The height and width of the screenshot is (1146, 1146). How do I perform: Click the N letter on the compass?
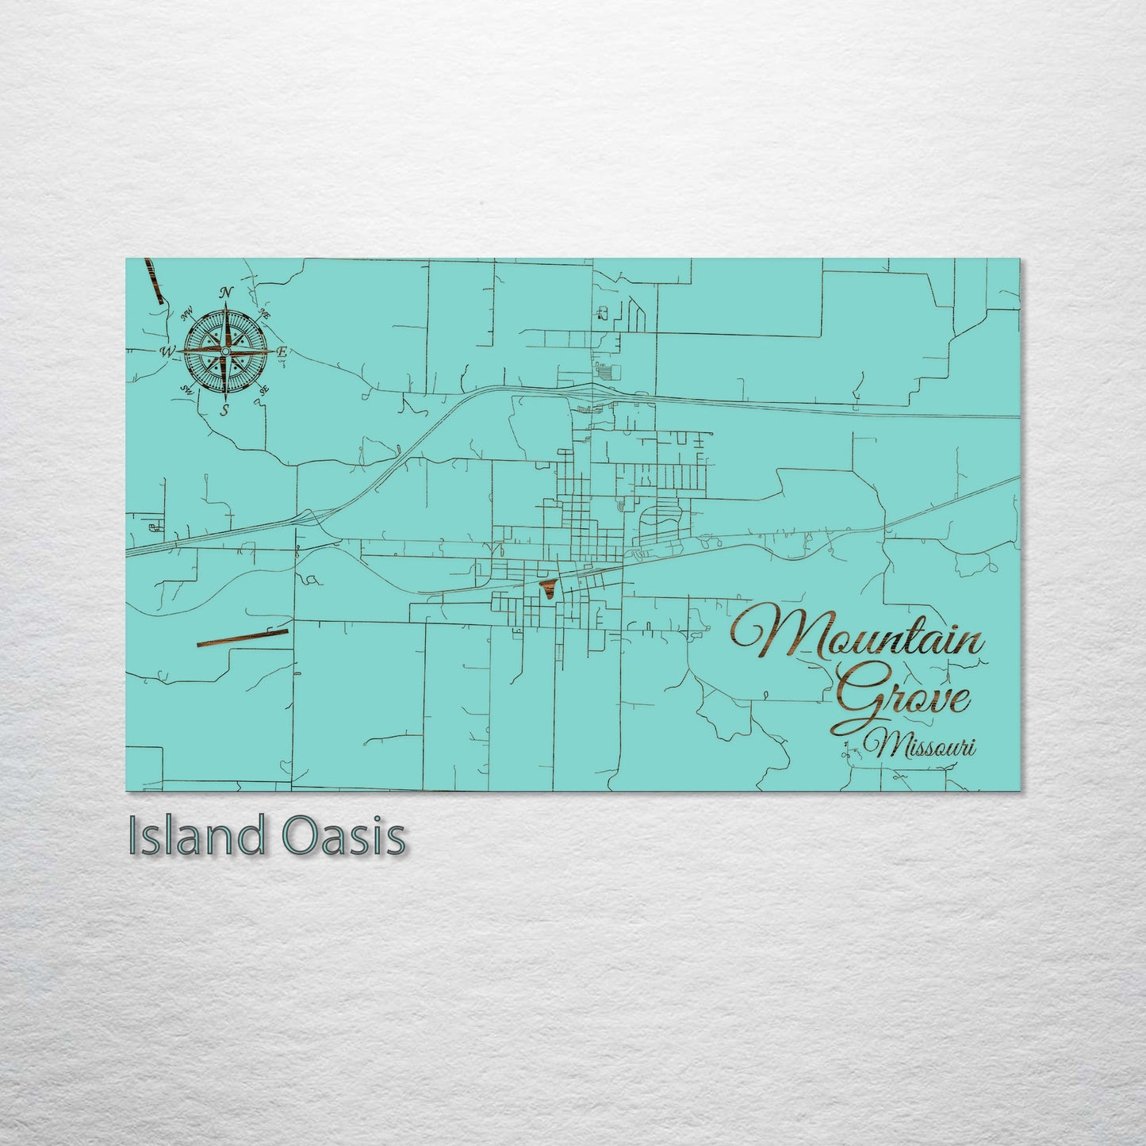click(227, 292)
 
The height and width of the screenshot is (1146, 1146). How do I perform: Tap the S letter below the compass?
click(225, 409)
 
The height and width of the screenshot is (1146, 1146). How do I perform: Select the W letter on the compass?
click(167, 351)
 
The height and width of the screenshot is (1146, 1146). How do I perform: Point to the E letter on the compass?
click(282, 351)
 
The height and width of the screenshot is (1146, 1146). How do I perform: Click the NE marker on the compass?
click(265, 314)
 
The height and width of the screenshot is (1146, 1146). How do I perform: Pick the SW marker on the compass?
click(187, 389)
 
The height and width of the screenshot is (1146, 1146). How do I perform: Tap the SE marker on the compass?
click(265, 389)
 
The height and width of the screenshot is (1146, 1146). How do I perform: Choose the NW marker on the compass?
click(188, 314)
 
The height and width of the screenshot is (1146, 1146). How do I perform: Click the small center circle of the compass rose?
click(225, 351)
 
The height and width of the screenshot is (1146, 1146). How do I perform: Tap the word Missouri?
click(920, 745)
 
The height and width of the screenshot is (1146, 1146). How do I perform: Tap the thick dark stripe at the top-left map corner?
click(154, 281)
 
